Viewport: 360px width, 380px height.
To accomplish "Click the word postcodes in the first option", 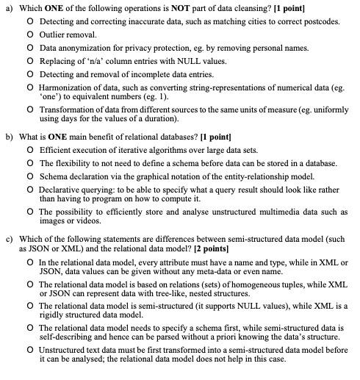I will point(320,21).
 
